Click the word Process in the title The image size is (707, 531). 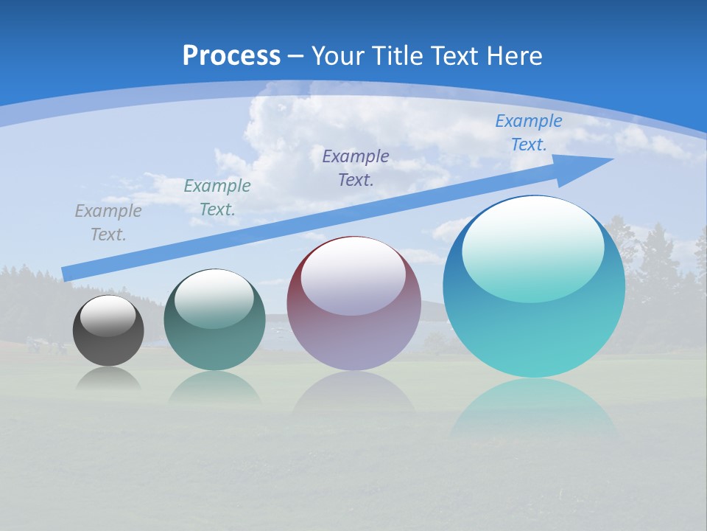[x=231, y=56]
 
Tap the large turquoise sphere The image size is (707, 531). [x=534, y=332]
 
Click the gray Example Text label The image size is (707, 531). [x=108, y=222]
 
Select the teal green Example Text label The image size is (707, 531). [x=217, y=197]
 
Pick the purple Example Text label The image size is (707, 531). [x=356, y=167]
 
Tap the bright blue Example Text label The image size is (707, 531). [x=529, y=133]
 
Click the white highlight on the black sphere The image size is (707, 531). [x=108, y=316]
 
